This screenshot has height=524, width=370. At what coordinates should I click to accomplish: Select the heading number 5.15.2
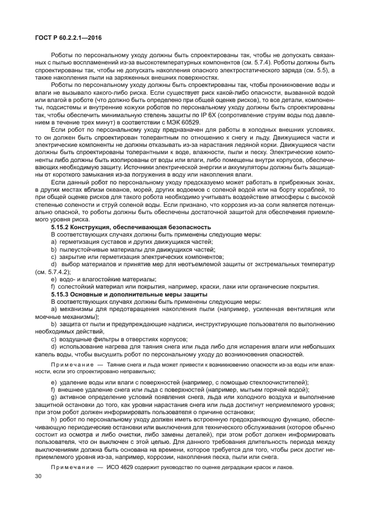(62, 226)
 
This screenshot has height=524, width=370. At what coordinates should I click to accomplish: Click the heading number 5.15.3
(62, 294)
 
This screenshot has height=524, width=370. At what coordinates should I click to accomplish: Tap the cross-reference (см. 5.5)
(318, 71)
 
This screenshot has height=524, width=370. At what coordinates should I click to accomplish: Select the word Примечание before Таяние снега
(69, 364)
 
